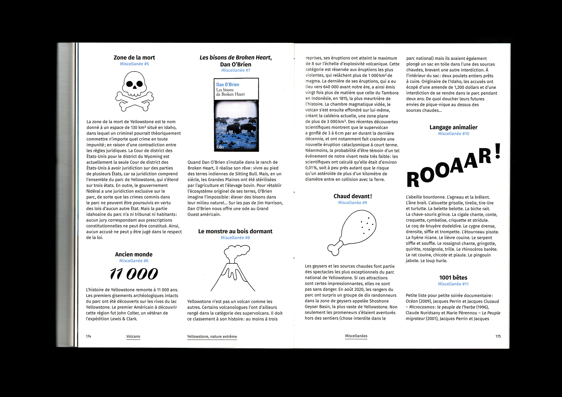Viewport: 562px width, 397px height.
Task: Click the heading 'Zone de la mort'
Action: coord(134,58)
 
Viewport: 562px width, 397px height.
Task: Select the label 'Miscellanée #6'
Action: coord(134,261)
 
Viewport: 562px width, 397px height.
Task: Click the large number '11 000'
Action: coord(134,274)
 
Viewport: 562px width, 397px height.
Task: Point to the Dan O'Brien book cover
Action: coord(236,115)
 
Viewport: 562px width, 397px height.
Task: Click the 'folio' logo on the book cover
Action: coord(220,147)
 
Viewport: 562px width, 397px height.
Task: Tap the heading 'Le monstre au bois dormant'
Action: coord(235,231)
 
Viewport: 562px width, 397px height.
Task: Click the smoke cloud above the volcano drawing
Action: coord(237,250)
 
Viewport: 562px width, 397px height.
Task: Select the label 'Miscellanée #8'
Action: coord(235,238)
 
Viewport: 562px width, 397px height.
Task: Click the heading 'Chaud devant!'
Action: coord(353,196)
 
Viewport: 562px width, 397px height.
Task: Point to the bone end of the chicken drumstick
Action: coord(334,249)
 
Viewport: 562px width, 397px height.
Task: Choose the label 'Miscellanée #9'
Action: coord(353,203)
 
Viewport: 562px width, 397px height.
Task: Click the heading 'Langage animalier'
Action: coord(453,127)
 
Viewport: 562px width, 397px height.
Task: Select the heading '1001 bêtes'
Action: coord(453,278)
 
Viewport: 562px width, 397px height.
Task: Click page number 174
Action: coord(89,336)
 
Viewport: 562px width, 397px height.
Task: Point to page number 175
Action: coord(498,336)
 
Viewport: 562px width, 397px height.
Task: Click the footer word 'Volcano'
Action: coord(133,336)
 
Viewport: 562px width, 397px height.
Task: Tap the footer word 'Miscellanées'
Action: coord(356,336)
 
